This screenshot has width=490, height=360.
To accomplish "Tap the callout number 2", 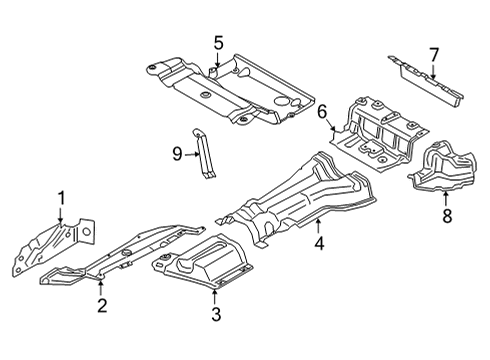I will (102, 306).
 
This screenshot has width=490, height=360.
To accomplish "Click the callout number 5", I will (218, 42).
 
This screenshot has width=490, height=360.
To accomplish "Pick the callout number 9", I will (176, 155).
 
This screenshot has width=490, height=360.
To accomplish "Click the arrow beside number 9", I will (192, 155).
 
